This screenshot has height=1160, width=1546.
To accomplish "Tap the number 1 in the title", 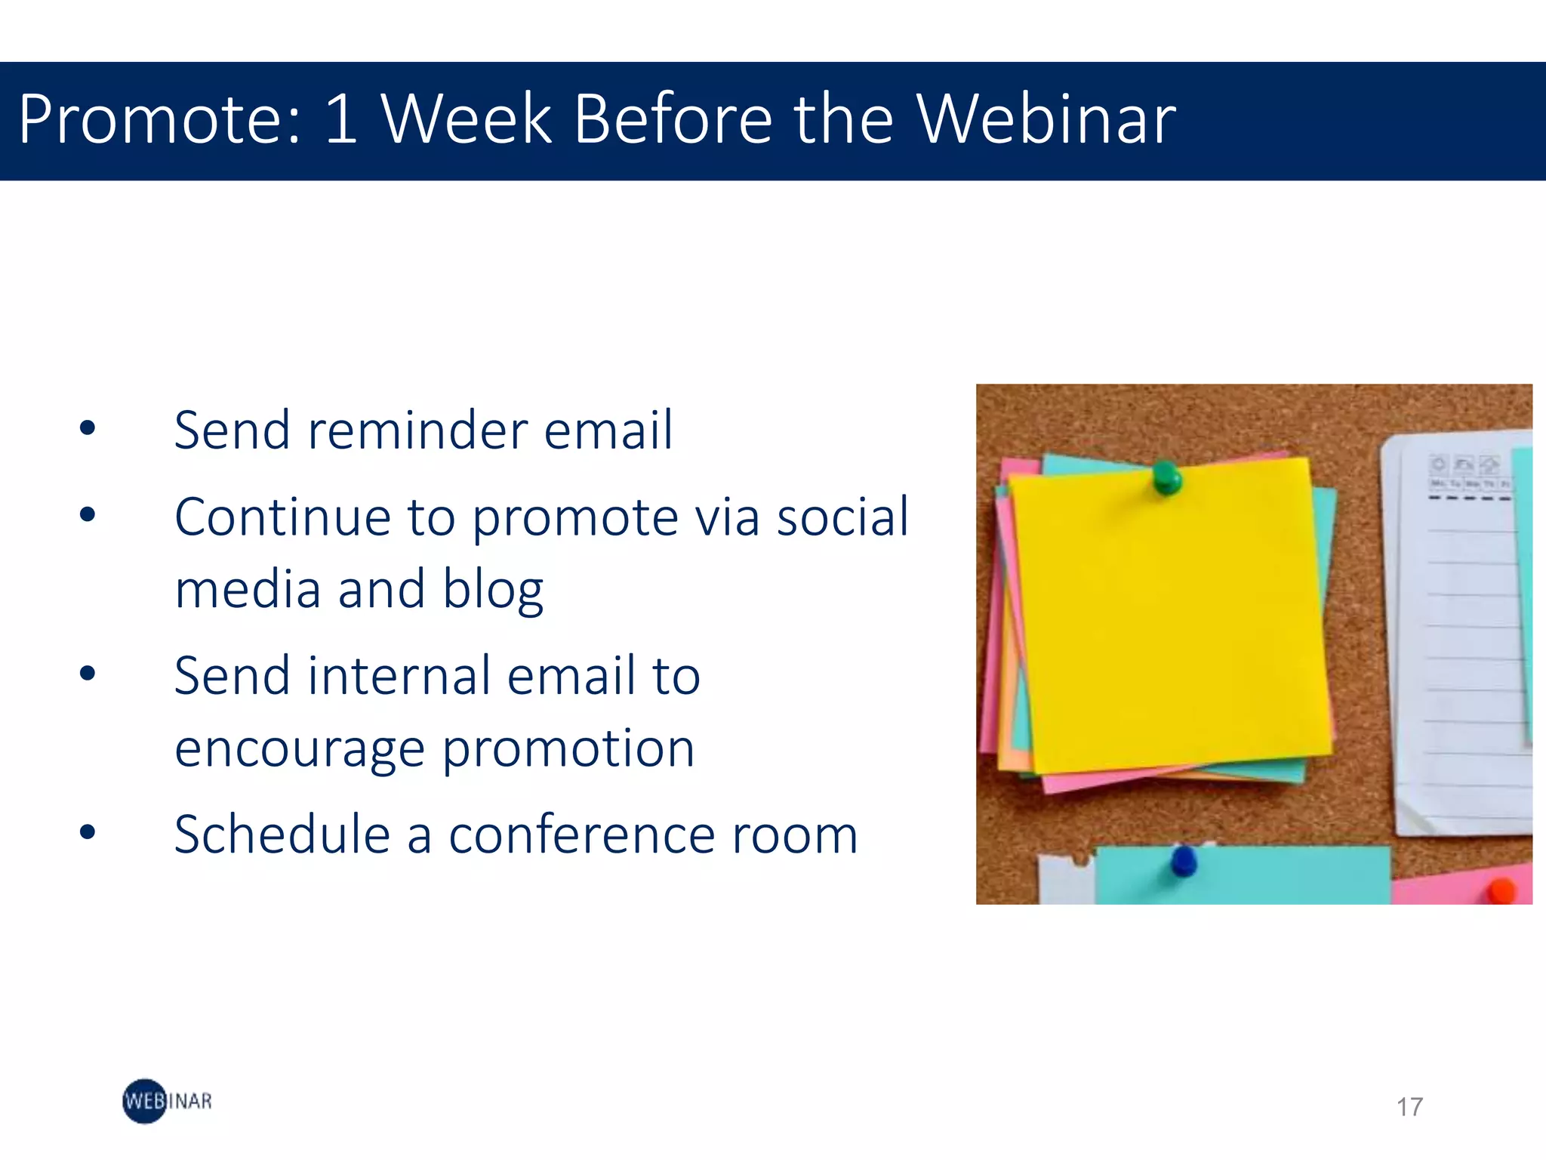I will tap(341, 119).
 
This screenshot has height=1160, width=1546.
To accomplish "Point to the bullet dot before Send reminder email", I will tap(88, 428).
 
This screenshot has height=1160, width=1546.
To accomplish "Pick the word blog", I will tap(492, 591).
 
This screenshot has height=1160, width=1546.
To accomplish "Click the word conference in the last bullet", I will tap(581, 836).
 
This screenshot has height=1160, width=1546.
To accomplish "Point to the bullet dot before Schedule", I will tap(88, 832).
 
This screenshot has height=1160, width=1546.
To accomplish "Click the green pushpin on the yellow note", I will tap(1167, 477).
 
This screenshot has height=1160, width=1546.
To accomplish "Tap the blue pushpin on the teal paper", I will tap(1183, 860).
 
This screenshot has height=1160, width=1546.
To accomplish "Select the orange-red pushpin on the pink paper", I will tap(1501, 890).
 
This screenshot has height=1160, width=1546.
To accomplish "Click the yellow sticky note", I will tap(1170, 619).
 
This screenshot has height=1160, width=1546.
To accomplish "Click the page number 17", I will tap(1409, 1107).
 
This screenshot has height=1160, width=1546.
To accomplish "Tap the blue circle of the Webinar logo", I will tap(143, 1101).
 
